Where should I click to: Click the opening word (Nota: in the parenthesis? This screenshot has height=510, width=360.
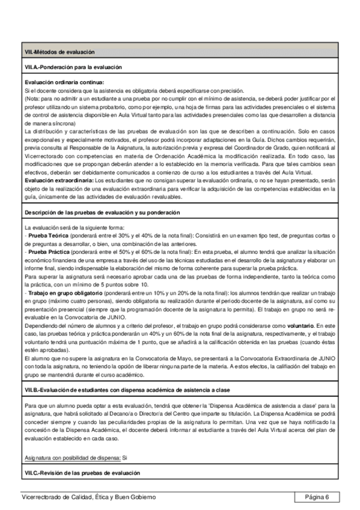[33, 98]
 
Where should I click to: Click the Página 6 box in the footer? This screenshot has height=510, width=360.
[317, 497]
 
